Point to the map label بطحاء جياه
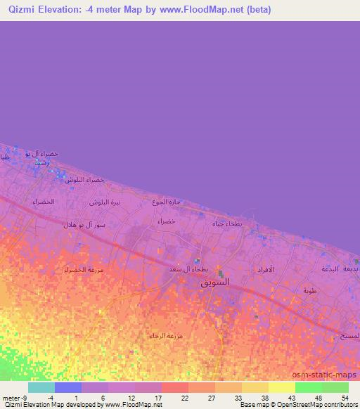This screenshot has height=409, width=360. point(228,223)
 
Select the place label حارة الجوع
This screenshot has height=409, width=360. point(167,202)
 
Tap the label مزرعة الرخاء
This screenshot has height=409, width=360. point(167,336)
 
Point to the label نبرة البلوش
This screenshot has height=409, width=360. point(105,202)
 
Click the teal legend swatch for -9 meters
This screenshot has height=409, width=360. point(41,387)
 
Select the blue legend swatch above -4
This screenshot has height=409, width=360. point(68,387)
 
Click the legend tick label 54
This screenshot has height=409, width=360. point(345,398)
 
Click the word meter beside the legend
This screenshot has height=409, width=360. point(11,398)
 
